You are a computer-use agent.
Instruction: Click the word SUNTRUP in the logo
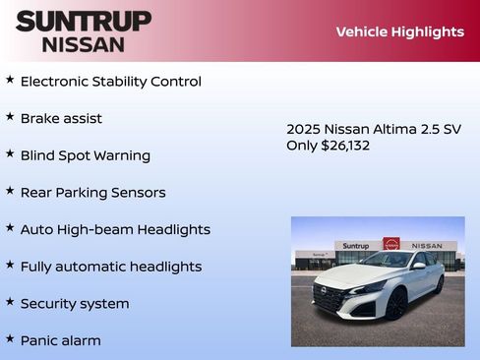[84, 21]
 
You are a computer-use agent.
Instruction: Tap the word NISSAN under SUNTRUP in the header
[84, 43]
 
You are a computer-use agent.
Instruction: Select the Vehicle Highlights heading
[399, 31]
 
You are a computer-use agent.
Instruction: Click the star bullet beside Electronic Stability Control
[10, 80]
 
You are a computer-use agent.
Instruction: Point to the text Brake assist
[61, 118]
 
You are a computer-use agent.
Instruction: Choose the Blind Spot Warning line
[86, 155]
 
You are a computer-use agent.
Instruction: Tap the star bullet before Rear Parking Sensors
[10, 191]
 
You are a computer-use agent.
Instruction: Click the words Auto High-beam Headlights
[115, 229]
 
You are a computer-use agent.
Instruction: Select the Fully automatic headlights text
[111, 267]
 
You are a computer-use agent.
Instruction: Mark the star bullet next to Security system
[10, 302]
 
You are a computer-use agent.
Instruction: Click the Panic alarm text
[61, 340]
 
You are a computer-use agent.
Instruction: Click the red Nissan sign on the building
[390, 244]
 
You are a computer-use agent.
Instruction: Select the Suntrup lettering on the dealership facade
[355, 246]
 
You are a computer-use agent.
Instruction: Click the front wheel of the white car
[395, 304]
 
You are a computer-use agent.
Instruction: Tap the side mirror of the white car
[418, 266]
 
